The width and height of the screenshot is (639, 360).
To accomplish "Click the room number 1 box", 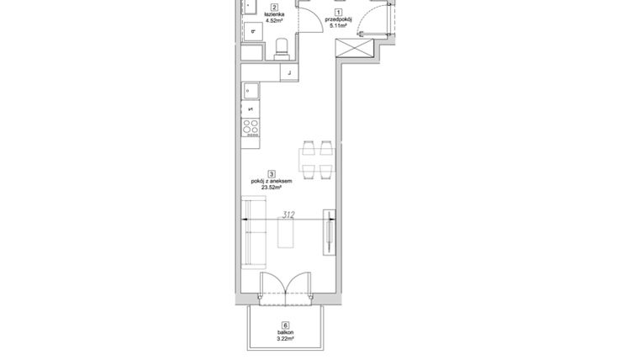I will pyautogui.click(x=338, y=13).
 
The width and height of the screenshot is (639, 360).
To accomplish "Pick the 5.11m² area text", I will pyautogui.click(x=338, y=27).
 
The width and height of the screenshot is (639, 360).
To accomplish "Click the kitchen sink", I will pyautogui.click(x=251, y=90).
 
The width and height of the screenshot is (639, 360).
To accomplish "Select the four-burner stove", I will pyautogui.click(x=251, y=127).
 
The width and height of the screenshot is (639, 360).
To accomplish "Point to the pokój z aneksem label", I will pyautogui.click(x=272, y=182).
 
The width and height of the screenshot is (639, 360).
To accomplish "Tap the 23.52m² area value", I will pyautogui.click(x=272, y=188).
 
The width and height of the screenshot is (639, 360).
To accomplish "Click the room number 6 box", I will pyautogui.click(x=286, y=325).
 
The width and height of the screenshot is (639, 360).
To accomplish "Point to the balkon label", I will pyautogui.click(x=286, y=332).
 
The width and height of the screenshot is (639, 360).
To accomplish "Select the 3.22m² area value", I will pyautogui.click(x=286, y=339).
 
